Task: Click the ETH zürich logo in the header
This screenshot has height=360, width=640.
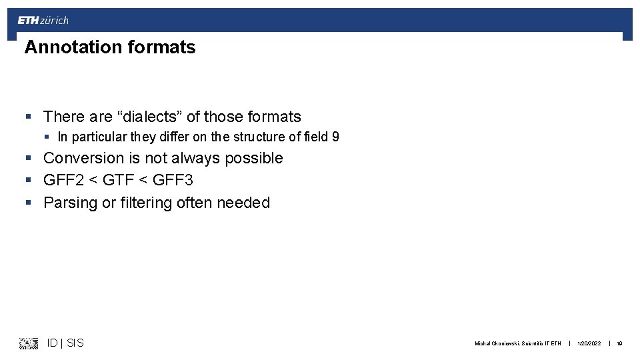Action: point(43,21)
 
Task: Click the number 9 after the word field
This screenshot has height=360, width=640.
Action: point(335,137)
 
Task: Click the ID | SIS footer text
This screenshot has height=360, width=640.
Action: point(65,343)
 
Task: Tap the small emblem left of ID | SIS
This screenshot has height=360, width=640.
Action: point(29,343)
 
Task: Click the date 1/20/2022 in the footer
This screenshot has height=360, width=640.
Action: point(589,344)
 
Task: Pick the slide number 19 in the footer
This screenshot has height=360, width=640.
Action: point(619,344)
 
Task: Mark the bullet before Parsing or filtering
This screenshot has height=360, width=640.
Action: point(29,203)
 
